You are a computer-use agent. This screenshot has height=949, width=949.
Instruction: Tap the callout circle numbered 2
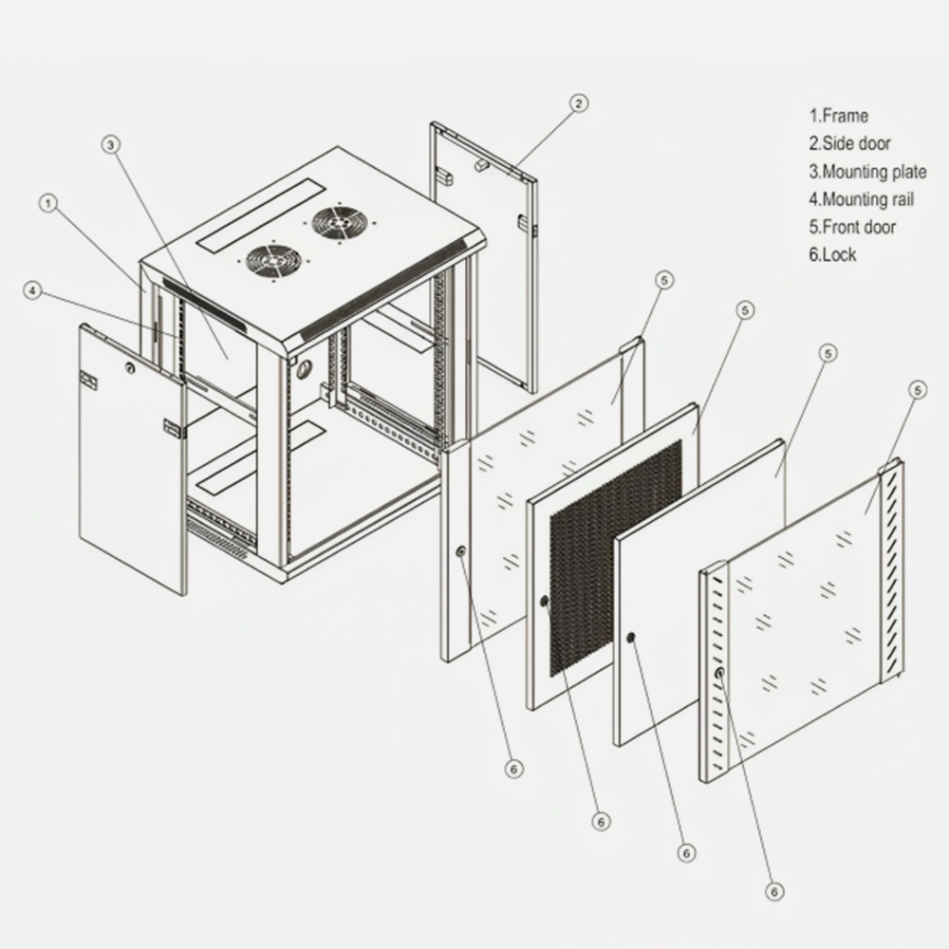pos(581,102)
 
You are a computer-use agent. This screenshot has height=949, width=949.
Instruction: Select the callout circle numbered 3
pos(111,144)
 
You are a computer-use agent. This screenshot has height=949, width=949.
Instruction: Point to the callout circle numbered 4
pos(34,291)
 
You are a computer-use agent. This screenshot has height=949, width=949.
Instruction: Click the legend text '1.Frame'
pos(838,116)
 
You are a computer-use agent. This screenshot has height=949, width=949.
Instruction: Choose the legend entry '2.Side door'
pos(849,144)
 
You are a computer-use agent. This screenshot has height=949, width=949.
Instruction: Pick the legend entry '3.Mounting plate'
pos(867,172)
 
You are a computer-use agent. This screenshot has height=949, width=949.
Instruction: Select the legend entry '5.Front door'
pos(851,227)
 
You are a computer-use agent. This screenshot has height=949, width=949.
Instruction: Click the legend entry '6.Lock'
pos(832,254)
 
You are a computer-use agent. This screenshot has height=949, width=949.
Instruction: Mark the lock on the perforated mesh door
pos(544,602)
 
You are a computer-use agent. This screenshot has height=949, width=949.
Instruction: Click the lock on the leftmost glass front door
pos(460,552)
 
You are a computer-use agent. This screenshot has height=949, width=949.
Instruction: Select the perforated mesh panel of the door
pos(615,556)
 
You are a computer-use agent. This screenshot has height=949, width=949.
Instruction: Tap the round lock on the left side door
pos(129,365)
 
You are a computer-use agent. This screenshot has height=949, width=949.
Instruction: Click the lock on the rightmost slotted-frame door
pos(720,674)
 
